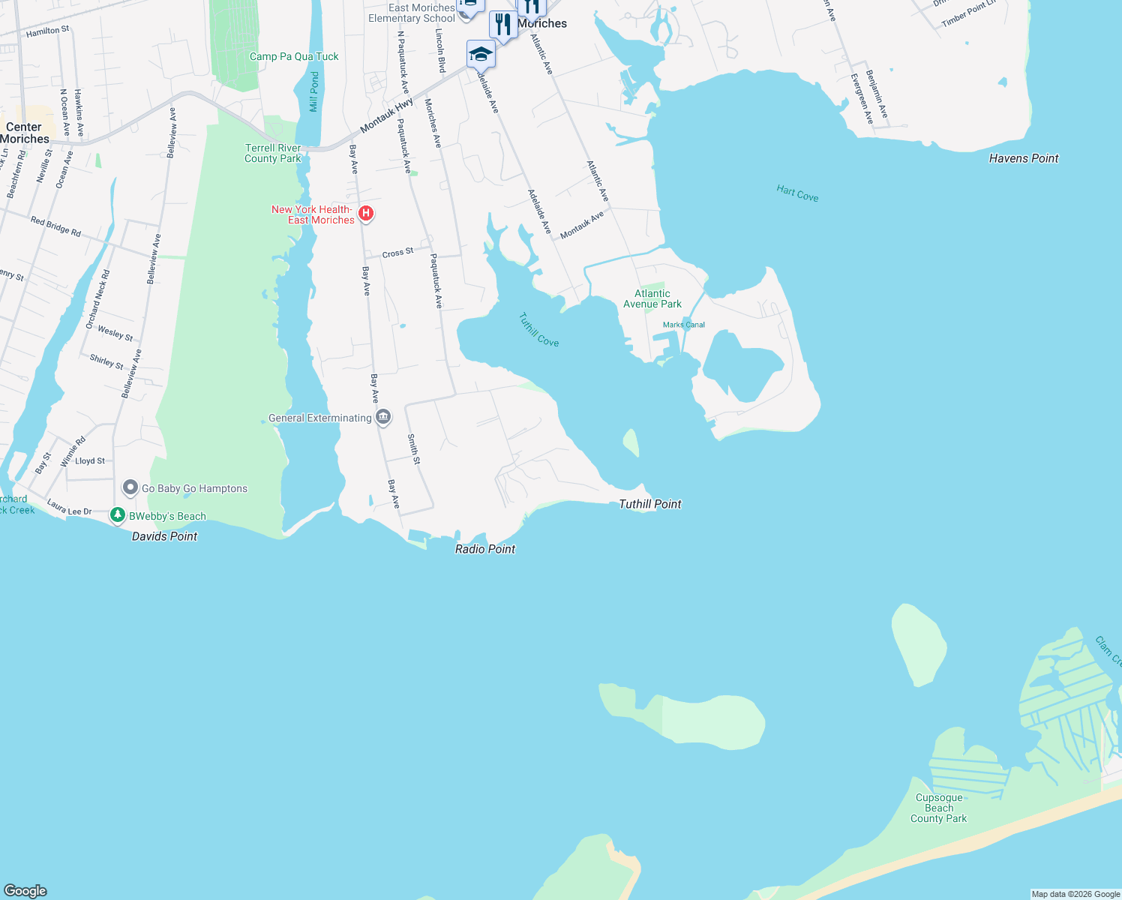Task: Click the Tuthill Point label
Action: (649, 504)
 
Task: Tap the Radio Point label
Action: (485, 549)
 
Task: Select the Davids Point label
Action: (164, 536)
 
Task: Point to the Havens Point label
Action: (1024, 158)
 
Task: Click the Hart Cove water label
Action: (797, 193)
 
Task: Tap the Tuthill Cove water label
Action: (538, 330)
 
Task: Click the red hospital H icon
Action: (366, 214)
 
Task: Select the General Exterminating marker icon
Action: (383, 417)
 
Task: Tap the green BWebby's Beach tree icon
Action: (117, 515)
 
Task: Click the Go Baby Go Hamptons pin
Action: (130, 487)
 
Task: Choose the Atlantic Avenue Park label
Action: (652, 298)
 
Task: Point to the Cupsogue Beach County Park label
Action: (938, 808)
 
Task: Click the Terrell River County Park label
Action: (273, 153)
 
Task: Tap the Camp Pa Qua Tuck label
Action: (294, 56)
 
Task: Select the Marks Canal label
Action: (684, 325)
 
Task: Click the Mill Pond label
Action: (314, 91)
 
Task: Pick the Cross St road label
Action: (397, 253)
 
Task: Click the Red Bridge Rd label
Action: (55, 226)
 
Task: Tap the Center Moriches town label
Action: (25, 133)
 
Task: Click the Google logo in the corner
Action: (25, 890)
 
